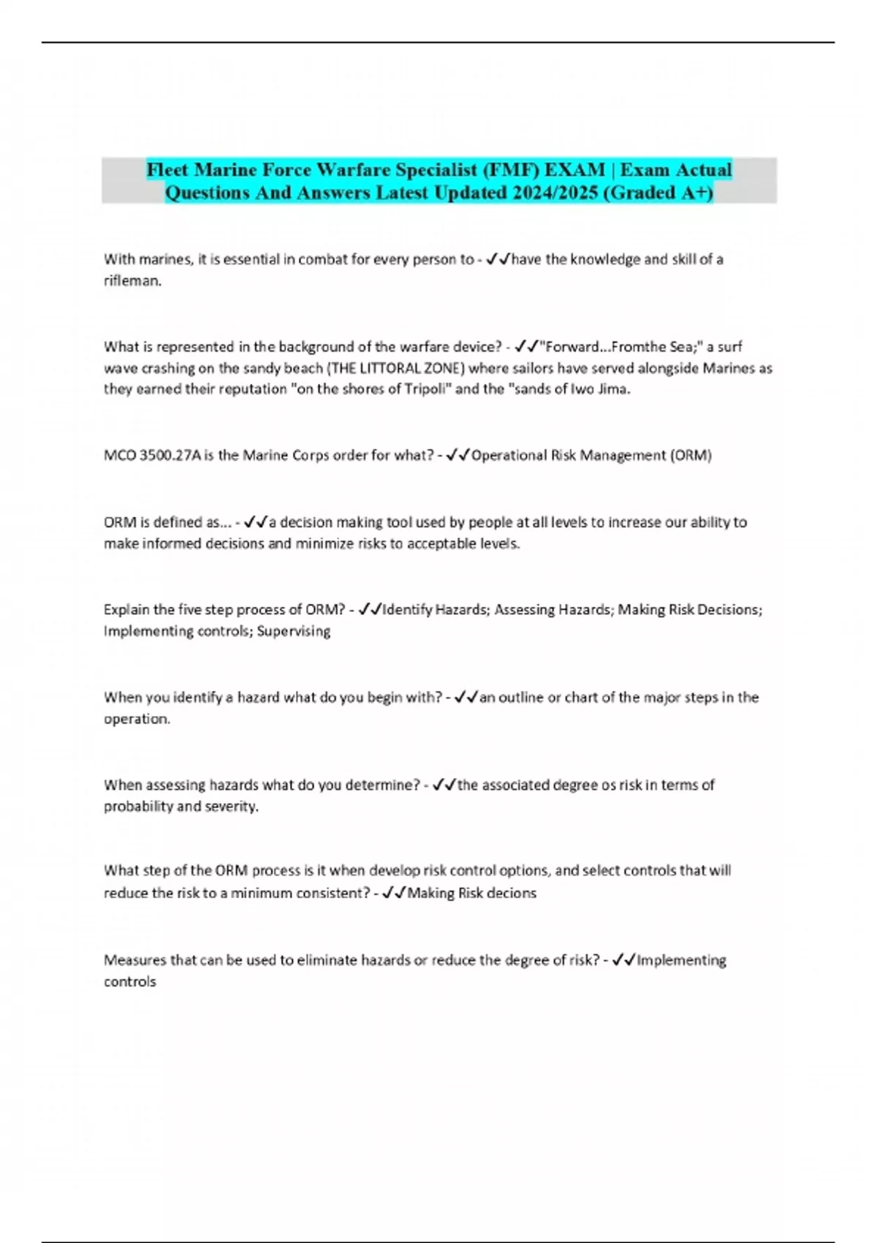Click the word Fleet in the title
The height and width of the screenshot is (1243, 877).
[x=167, y=170]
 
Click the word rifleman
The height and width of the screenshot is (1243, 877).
[x=132, y=281]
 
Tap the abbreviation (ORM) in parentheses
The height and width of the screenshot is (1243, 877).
[x=691, y=456]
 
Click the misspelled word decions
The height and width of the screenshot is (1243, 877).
[x=512, y=893]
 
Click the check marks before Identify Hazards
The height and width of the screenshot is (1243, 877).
[x=371, y=610]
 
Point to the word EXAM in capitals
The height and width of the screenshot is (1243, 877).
[x=574, y=170]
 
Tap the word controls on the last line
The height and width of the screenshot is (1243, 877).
[x=130, y=982]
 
